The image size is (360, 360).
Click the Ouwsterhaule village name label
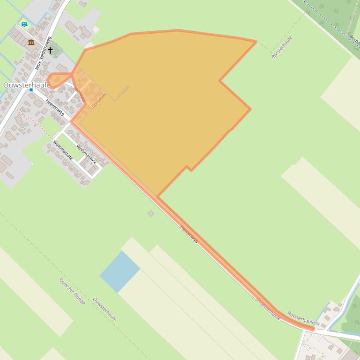point(26,86)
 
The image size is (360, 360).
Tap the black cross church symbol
point(51,50)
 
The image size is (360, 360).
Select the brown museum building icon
point(31,43)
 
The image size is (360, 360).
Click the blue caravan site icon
point(24,24)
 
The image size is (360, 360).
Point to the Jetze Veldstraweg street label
point(42,53)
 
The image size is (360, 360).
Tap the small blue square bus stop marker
point(31,90)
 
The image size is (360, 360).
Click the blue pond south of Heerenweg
point(120,271)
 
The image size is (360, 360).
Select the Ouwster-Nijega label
point(72,291)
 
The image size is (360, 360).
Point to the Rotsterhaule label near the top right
point(281,47)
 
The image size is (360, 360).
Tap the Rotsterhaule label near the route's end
point(301,317)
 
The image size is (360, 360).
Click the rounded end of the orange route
point(312,329)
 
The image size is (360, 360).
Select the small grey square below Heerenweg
point(151,213)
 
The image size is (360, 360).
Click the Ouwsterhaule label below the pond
point(104,309)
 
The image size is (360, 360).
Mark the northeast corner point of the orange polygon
point(256,42)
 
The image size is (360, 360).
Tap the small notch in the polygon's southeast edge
point(187,167)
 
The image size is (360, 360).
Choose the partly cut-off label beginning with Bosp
point(354,39)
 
